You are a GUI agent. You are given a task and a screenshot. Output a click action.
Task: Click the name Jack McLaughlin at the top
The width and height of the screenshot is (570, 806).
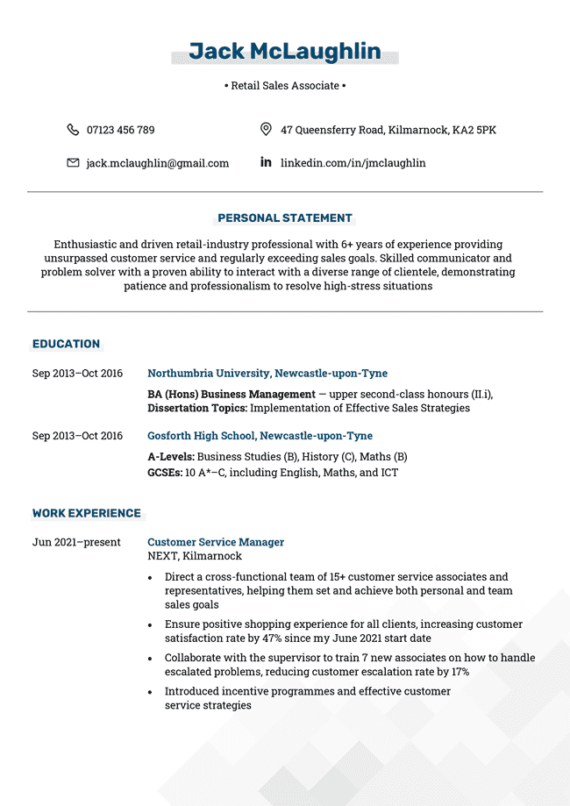pos(285,52)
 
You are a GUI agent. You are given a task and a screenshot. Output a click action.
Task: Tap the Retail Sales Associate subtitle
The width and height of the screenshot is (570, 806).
pos(285,86)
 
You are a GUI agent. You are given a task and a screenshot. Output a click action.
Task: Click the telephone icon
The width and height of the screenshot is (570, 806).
pos(73,130)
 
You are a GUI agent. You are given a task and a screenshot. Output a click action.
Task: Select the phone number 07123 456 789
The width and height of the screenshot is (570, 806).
pos(120,130)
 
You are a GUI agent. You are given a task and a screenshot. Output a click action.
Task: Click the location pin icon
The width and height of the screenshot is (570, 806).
pos(266,130)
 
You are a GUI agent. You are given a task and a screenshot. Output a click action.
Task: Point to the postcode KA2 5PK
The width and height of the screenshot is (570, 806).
pos(474,130)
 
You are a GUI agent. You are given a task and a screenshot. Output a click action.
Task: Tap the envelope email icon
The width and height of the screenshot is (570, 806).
pos(73,163)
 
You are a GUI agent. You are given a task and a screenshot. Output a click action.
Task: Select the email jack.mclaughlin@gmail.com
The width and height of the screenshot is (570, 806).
pos(157,163)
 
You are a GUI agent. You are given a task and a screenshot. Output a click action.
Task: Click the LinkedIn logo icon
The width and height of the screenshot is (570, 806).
pos(266,162)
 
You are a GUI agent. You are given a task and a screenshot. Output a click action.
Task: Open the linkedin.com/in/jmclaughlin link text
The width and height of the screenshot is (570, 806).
pos(353,163)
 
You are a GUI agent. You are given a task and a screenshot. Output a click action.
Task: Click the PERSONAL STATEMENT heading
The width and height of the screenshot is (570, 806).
pos(285,218)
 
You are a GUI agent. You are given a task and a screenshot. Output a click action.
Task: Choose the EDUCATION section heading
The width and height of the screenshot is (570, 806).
pos(66,344)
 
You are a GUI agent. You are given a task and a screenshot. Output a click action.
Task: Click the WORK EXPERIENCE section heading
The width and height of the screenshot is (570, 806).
pos(86,513)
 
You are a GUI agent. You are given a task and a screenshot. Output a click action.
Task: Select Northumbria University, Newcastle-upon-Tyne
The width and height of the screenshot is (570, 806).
pos(267,374)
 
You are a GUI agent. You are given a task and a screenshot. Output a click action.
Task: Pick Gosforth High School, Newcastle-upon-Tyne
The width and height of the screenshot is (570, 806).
pos(260,436)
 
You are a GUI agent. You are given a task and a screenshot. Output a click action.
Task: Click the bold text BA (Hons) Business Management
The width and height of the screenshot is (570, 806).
pos(232,395)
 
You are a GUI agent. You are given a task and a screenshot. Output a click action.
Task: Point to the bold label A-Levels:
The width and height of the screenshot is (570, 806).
pos(171,457)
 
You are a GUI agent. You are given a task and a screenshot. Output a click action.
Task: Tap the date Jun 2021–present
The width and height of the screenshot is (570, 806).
pos(76,542)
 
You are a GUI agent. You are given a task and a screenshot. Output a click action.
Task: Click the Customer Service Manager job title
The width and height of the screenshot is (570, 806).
pos(216,542)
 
